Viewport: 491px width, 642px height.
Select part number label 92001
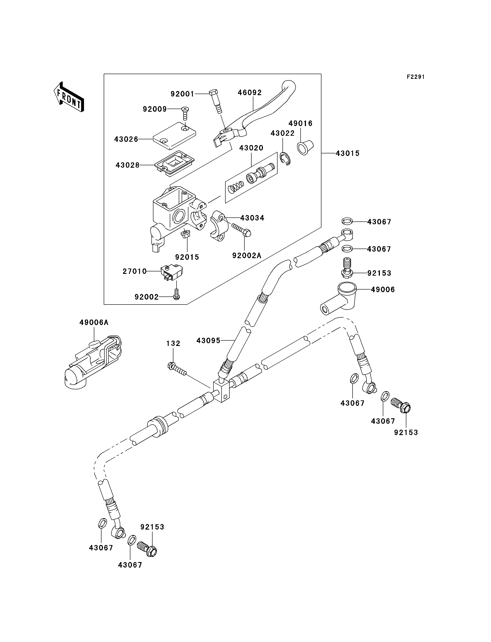click(182, 94)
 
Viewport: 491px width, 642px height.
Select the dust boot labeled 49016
click(305, 148)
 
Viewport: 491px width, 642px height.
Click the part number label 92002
click(146, 297)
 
